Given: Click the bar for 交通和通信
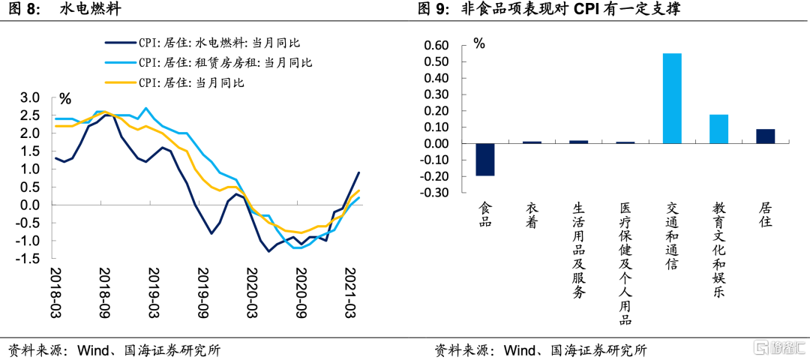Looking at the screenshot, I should (x=672, y=98).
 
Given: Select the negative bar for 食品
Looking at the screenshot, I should (x=485, y=159).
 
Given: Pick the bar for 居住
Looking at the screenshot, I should (x=765, y=136).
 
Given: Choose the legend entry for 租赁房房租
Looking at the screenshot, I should (x=225, y=63).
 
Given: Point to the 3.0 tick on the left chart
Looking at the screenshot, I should (x=29, y=97).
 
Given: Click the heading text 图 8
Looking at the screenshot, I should (x=22, y=10).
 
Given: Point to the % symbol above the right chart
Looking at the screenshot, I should (x=479, y=43).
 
